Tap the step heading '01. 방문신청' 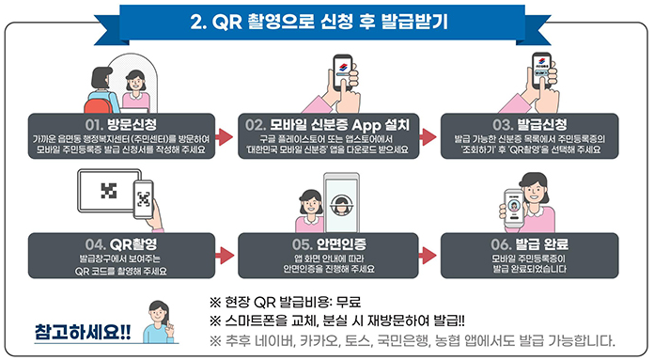pyautogui.click(x=119, y=123)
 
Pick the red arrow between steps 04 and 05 pyautogui.click(x=225, y=256)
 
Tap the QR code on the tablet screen pyautogui.click(x=109, y=190)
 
